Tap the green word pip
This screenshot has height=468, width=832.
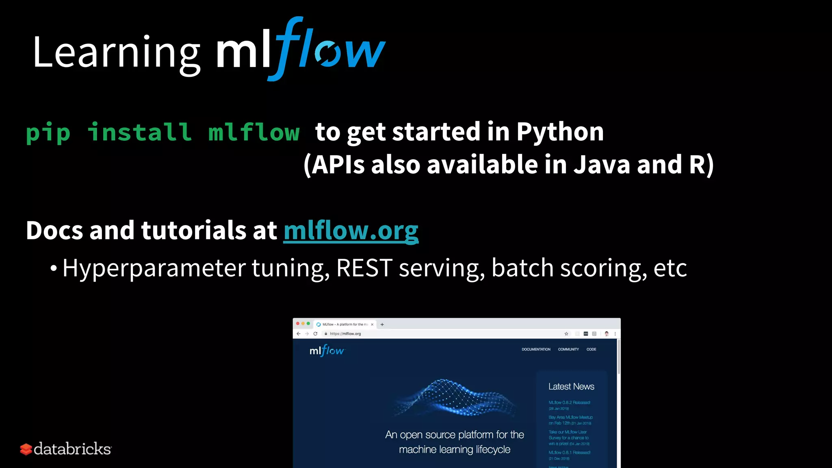(48, 132)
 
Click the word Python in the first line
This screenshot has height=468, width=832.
(560, 132)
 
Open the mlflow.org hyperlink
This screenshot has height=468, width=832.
(351, 231)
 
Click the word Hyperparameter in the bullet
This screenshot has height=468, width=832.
(154, 269)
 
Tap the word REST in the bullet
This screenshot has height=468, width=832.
(364, 268)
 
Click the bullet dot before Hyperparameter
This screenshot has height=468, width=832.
(54, 269)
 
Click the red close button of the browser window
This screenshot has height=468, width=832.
(298, 324)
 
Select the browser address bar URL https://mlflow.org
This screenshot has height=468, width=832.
(345, 334)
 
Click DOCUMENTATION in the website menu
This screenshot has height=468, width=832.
(536, 349)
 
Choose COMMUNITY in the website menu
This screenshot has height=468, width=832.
(568, 349)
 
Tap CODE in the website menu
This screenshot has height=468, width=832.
(591, 349)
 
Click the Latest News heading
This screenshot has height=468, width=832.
(571, 386)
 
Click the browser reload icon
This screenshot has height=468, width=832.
(315, 334)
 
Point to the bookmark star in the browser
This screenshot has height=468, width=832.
(566, 334)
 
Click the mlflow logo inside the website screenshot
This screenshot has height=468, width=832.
(327, 351)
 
